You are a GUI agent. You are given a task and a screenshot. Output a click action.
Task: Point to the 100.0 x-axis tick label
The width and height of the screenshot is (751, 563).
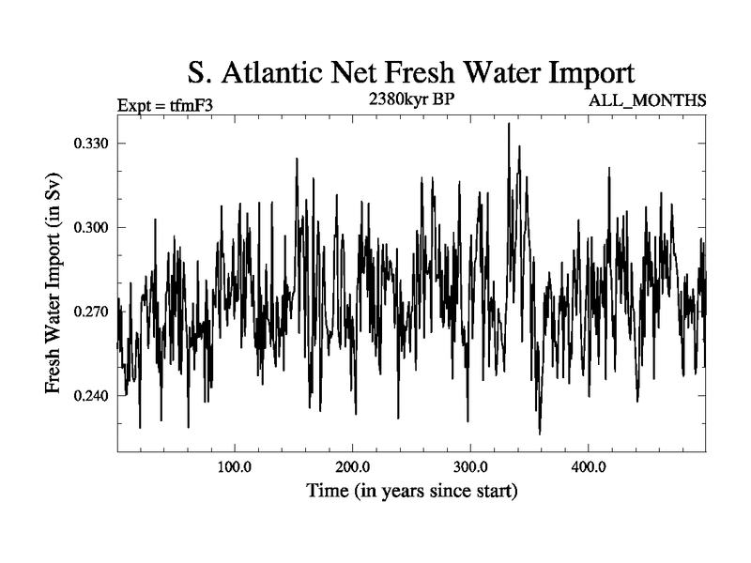(x=233, y=467)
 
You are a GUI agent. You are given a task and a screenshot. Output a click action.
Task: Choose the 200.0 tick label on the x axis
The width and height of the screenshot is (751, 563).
(x=351, y=467)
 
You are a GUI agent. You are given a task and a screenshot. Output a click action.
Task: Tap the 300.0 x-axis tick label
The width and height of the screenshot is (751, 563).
(x=469, y=467)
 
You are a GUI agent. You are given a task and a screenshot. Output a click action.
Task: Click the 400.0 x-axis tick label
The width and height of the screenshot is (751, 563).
(x=588, y=467)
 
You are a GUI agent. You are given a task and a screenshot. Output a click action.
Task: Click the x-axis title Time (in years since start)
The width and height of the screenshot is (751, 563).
(x=411, y=491)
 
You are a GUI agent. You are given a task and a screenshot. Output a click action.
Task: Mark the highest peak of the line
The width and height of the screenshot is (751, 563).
(x=508, y=123)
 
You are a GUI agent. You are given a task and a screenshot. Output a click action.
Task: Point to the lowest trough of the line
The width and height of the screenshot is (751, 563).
(x=540, y=434)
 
